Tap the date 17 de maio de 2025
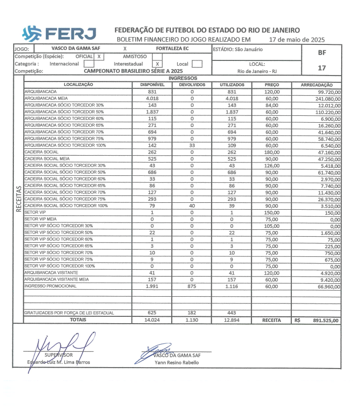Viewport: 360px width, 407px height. pos(296,40)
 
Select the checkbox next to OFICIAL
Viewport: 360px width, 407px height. pos(98,56)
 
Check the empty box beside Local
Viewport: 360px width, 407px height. pos(197,64)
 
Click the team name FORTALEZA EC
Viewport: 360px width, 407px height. pos(172,49)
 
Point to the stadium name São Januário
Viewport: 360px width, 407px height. pos(250,49)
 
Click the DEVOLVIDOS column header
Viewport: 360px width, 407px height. pos(191,85)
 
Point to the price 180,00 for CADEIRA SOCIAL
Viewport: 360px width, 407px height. pos(272,152)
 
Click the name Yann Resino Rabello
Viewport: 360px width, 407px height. pos(177,363)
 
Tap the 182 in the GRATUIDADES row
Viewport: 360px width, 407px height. pos(191,313)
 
